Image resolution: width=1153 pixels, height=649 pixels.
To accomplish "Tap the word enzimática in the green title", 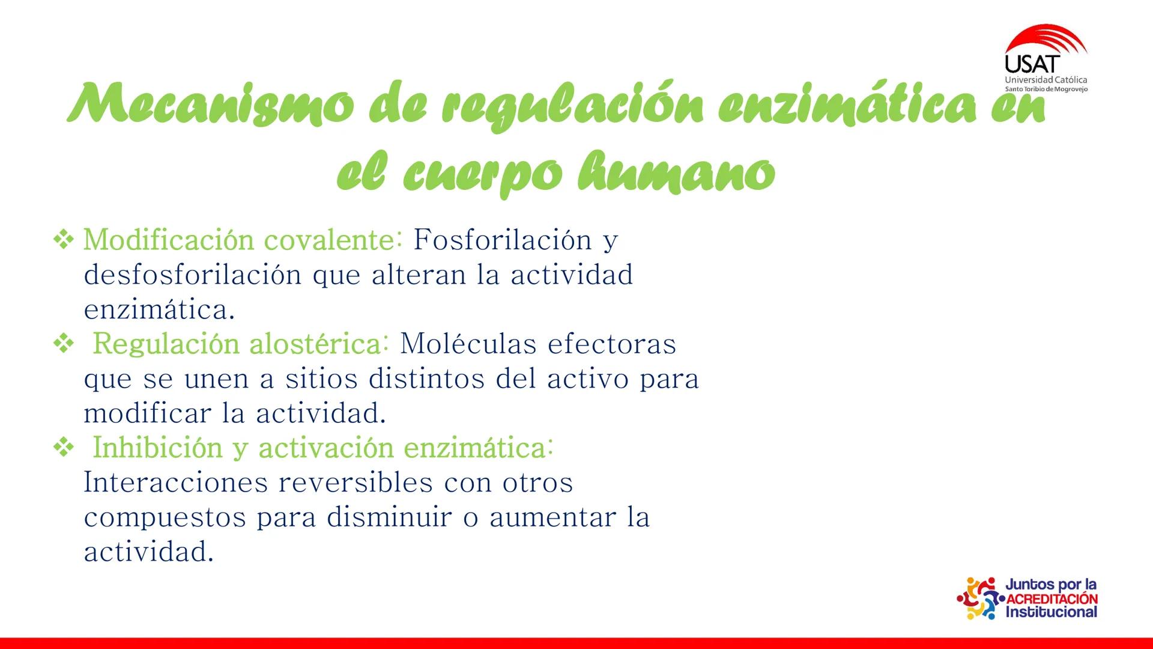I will tap(847, 107).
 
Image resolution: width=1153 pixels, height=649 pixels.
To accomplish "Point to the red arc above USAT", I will tap(1048, 39).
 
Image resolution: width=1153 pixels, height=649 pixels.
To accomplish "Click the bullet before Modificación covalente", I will tap(63, 240).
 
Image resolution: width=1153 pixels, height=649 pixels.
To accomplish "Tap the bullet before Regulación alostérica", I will tap(63, 344).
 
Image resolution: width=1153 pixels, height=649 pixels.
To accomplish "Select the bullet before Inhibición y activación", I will tap(63, 448).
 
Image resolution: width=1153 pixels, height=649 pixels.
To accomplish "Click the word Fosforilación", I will tap(503, 240).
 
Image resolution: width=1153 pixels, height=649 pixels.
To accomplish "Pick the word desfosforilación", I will tap(192, 275).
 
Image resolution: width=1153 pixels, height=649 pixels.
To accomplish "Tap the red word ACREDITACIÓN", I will tap(1052, 599).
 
